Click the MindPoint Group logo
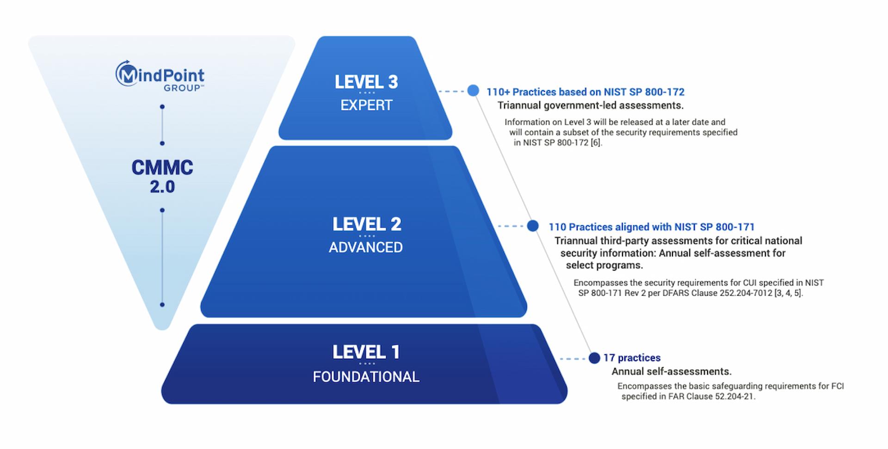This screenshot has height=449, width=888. point(160,76)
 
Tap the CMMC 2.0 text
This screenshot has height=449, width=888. point(162,177)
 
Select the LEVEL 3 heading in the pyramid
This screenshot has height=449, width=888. point(366,82)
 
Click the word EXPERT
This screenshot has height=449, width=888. point(366,105)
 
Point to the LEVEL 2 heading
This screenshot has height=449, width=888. point(367,224)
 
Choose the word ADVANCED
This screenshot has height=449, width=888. point(366,247)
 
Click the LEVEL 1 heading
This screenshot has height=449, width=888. point(366,352)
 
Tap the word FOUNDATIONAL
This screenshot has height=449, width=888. point(366,377)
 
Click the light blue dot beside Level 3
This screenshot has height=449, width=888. point(473,91)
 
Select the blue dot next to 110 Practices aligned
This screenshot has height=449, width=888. point(533,226)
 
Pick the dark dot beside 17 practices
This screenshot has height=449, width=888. point(594,358)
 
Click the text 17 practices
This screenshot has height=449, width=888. point(632,358)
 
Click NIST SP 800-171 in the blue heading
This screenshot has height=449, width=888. point(715,227)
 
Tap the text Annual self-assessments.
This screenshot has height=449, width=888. point(672,372)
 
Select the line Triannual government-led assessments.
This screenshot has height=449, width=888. point(591,105)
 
